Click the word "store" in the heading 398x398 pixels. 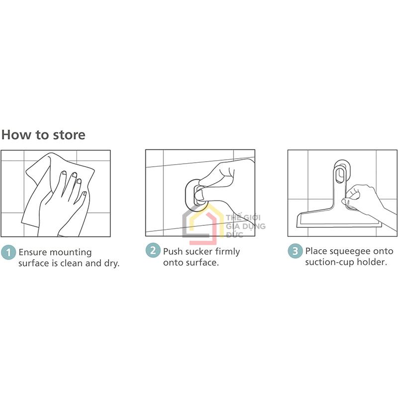coord(69,135)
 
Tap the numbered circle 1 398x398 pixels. coord(8,252)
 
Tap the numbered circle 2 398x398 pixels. coord(153,250)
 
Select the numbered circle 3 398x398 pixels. coord(295,251)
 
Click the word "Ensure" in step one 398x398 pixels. coord(33,252)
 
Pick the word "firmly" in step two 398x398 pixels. coord(228,252)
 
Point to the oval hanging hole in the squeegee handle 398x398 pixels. coord(339,175)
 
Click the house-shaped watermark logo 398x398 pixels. coord(200,223)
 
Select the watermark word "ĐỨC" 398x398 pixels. coord(234,234)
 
